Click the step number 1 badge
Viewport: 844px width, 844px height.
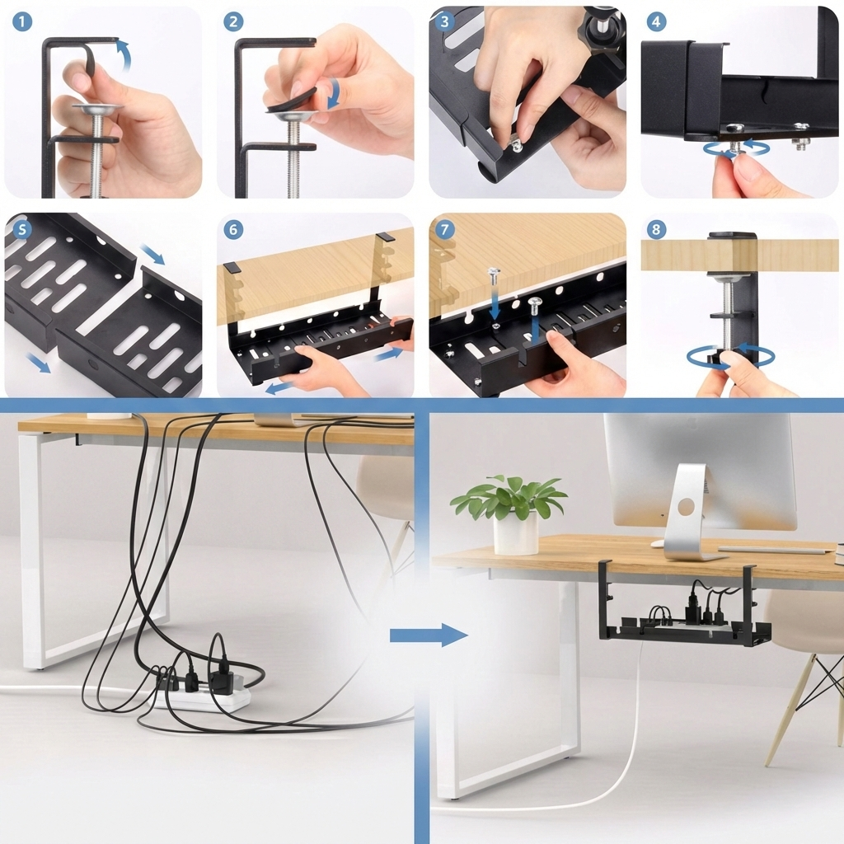pyautogui.click(x=22, y=22)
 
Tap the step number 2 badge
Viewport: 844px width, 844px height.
pyautogui.click(x=233, y=22)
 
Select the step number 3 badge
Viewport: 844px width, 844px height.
pyautogui.click(x=445, y=22)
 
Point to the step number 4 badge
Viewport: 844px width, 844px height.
pyautogui.click(x=656, y=22)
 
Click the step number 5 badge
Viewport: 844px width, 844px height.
pyautogui.click(x=22, y=229)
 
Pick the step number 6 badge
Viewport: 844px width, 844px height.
pyautogui.click(x=233, y=229)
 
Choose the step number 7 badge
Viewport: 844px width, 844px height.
pyautogui.click(x=445, y=229)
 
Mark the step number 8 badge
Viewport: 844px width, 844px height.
pyautogui.click(x=656, y=229)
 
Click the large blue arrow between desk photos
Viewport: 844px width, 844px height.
pyautogui.click(x=428, y=635)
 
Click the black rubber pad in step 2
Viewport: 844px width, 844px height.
pyautogui.click(x=291, y=98)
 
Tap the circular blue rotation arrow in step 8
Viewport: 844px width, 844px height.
pyautogui.click(x=730, y=356)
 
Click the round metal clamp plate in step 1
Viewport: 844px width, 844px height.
pyautogui.click(x=96, y=108)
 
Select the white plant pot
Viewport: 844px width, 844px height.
pyautogui.click(x=516, y=533)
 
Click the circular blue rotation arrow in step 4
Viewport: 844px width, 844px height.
pyautogui.click(x=736, y=149)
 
